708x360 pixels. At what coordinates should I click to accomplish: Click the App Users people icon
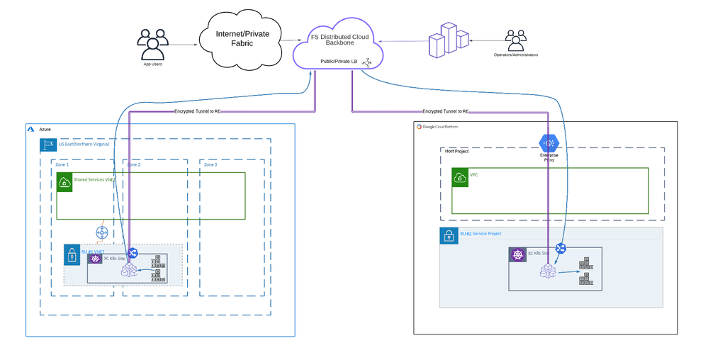[x=152, y=44]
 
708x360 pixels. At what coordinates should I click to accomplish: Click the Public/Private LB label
[x=339, y=62]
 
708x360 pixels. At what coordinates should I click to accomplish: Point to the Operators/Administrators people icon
[x=515, y=40]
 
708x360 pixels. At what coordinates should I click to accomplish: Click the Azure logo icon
[x=31, y=130]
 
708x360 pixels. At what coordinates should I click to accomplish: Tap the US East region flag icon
[x=48, y=145]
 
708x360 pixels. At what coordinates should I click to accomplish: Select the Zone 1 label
[x=62, y=164]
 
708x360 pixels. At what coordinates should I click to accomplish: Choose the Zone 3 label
[x=210, y=164]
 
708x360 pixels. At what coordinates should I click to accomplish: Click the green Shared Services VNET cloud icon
[x=64, y=183]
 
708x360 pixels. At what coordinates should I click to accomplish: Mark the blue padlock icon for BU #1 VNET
[x=72, y=254]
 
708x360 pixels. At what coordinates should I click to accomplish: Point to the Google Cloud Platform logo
[x=420, y=127]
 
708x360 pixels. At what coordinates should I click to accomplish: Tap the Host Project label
[x=456, y=151]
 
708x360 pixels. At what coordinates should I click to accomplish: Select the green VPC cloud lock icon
[x=461, y=177]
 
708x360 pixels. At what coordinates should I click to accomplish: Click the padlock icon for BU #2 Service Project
[x=449, y=235]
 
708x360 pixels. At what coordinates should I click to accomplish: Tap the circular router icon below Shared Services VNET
[x=101, y=232]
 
